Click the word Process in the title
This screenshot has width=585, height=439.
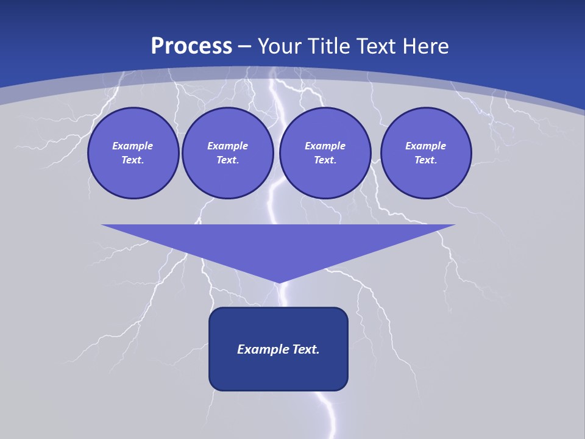(191, 46)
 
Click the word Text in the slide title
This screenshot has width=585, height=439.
(377, 46)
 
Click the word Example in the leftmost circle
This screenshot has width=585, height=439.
(133, 146)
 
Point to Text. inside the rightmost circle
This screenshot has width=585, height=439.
(425, 160)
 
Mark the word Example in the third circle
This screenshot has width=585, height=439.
(325, 146)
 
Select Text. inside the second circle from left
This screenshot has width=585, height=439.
(227, 160)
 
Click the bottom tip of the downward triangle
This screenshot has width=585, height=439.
(278, 281)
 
